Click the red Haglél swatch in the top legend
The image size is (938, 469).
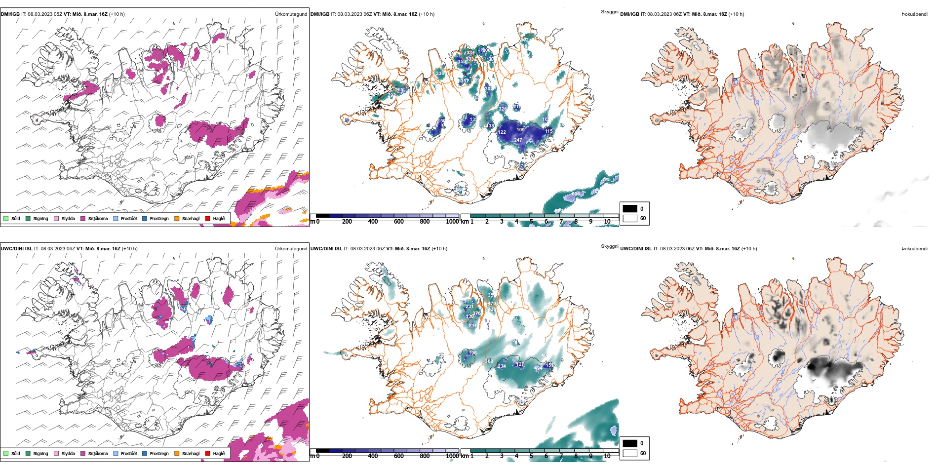208,218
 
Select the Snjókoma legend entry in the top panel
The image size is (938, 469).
97,218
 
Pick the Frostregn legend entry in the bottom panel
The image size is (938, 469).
159,453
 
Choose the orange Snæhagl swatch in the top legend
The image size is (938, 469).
177,218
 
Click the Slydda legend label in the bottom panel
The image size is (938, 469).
68,453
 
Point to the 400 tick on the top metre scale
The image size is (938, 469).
373,222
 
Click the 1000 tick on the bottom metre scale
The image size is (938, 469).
452,456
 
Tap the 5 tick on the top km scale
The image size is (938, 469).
531,222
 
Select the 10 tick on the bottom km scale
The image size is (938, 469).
607,456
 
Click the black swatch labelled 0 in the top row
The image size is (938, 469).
630,208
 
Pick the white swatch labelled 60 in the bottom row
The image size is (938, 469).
630,453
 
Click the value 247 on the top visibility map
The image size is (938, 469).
518,140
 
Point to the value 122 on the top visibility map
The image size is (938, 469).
502,132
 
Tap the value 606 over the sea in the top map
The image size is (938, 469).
576,194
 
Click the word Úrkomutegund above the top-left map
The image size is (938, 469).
291,14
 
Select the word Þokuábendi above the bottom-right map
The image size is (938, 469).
914,249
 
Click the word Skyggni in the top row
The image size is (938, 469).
609,12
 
